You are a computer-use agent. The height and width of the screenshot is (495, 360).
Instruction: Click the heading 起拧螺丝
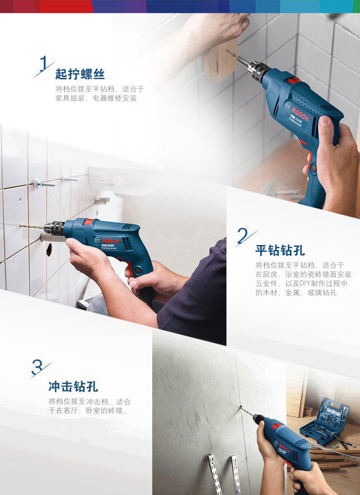80,74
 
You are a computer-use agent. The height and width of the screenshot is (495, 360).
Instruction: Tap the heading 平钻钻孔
280,250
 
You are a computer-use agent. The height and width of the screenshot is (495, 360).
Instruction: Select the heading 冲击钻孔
73,387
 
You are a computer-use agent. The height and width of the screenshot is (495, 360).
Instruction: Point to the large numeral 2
242,235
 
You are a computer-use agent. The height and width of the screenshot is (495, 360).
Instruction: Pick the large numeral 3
37,367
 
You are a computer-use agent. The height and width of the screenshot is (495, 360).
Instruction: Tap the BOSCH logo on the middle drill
110,241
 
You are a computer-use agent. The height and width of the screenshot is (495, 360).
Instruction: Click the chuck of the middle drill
54,228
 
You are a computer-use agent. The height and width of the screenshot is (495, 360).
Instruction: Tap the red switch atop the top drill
293,80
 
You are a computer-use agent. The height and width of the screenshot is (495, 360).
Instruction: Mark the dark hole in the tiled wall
49,250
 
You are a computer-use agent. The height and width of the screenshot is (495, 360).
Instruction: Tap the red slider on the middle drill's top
88,222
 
